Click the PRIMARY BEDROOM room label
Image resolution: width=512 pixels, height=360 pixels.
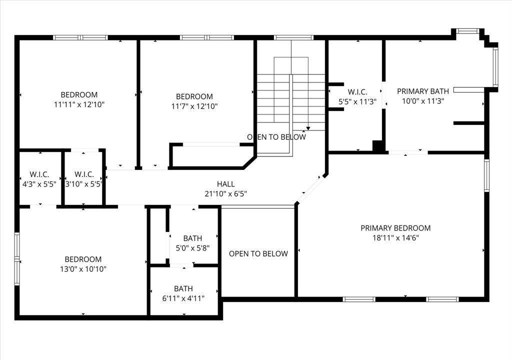point(395,228)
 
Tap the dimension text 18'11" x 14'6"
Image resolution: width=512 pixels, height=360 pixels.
point(395,238)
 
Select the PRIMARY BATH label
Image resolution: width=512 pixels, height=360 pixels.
point(422,91)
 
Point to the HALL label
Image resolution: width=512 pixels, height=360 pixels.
point(225,184)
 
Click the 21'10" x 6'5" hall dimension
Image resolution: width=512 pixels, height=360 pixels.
point(225,193)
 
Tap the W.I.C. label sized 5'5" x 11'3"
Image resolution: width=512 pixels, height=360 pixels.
point(357,91)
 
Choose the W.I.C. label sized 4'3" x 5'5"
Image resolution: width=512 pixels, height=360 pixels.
point(39,174)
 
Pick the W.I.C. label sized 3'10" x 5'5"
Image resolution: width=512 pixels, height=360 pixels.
point(84,174)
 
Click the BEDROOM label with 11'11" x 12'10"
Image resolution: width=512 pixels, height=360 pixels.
point(79,94)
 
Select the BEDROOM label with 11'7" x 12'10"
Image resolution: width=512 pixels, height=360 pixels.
point(194,96)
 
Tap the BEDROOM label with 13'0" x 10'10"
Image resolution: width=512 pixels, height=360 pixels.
point(83,259)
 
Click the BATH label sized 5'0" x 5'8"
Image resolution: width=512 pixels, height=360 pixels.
point(192,238)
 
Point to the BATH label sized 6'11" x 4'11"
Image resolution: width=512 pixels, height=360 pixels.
point(183,288)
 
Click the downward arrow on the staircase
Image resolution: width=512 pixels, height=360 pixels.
point(308,128)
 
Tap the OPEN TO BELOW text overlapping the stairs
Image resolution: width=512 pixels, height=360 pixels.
point(276,137)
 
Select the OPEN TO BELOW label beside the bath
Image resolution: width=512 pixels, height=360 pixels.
point(258,253)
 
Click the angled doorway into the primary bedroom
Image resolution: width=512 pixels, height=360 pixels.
point(311,188)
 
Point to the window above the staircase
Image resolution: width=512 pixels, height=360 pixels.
point(293,37)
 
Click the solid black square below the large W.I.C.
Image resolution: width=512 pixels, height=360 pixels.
point(378,145)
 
